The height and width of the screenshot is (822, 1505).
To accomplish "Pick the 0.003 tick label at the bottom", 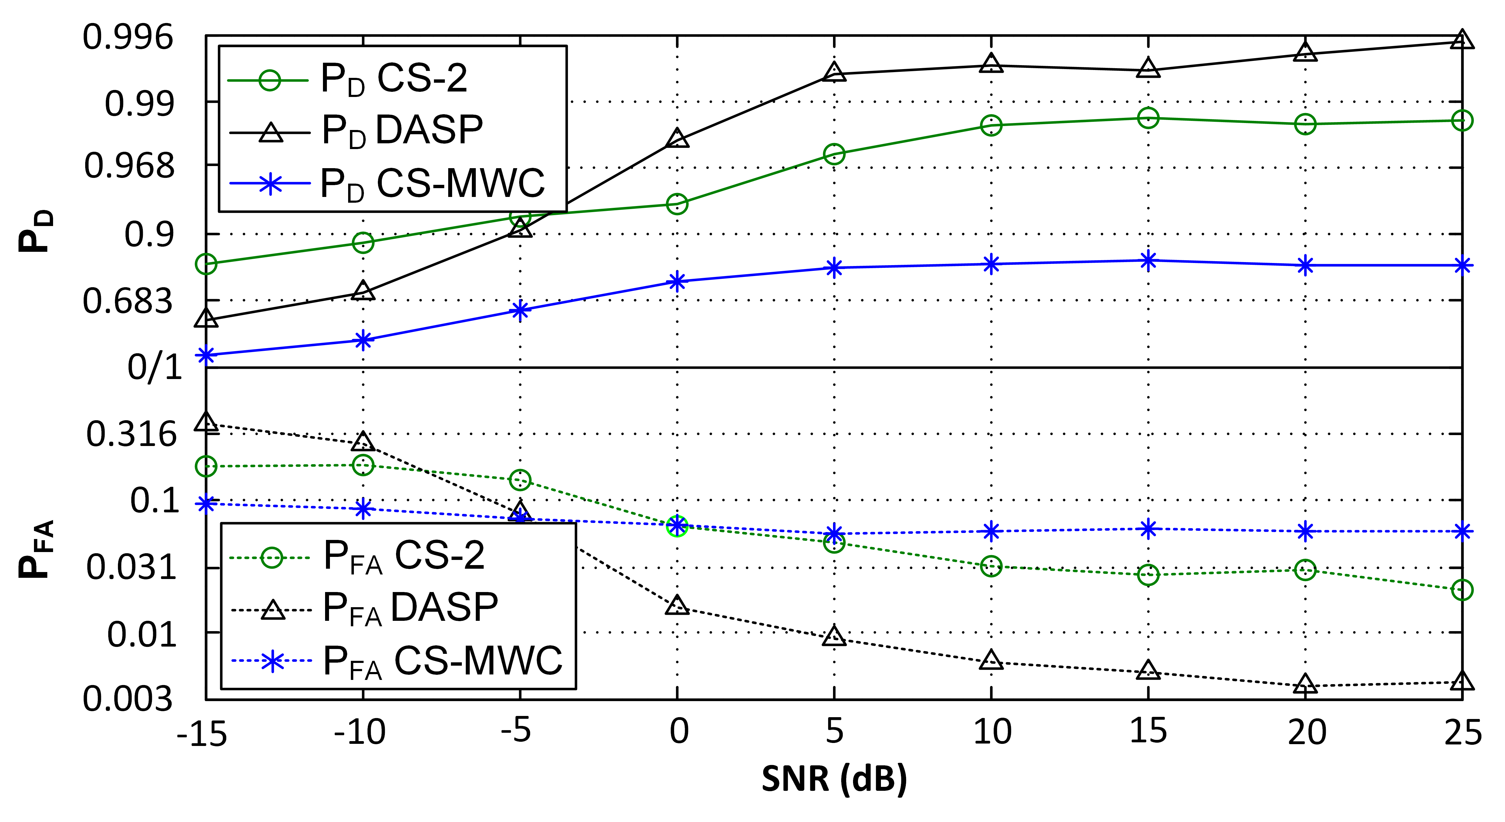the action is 128,699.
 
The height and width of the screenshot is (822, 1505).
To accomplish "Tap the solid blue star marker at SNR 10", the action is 991,264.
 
